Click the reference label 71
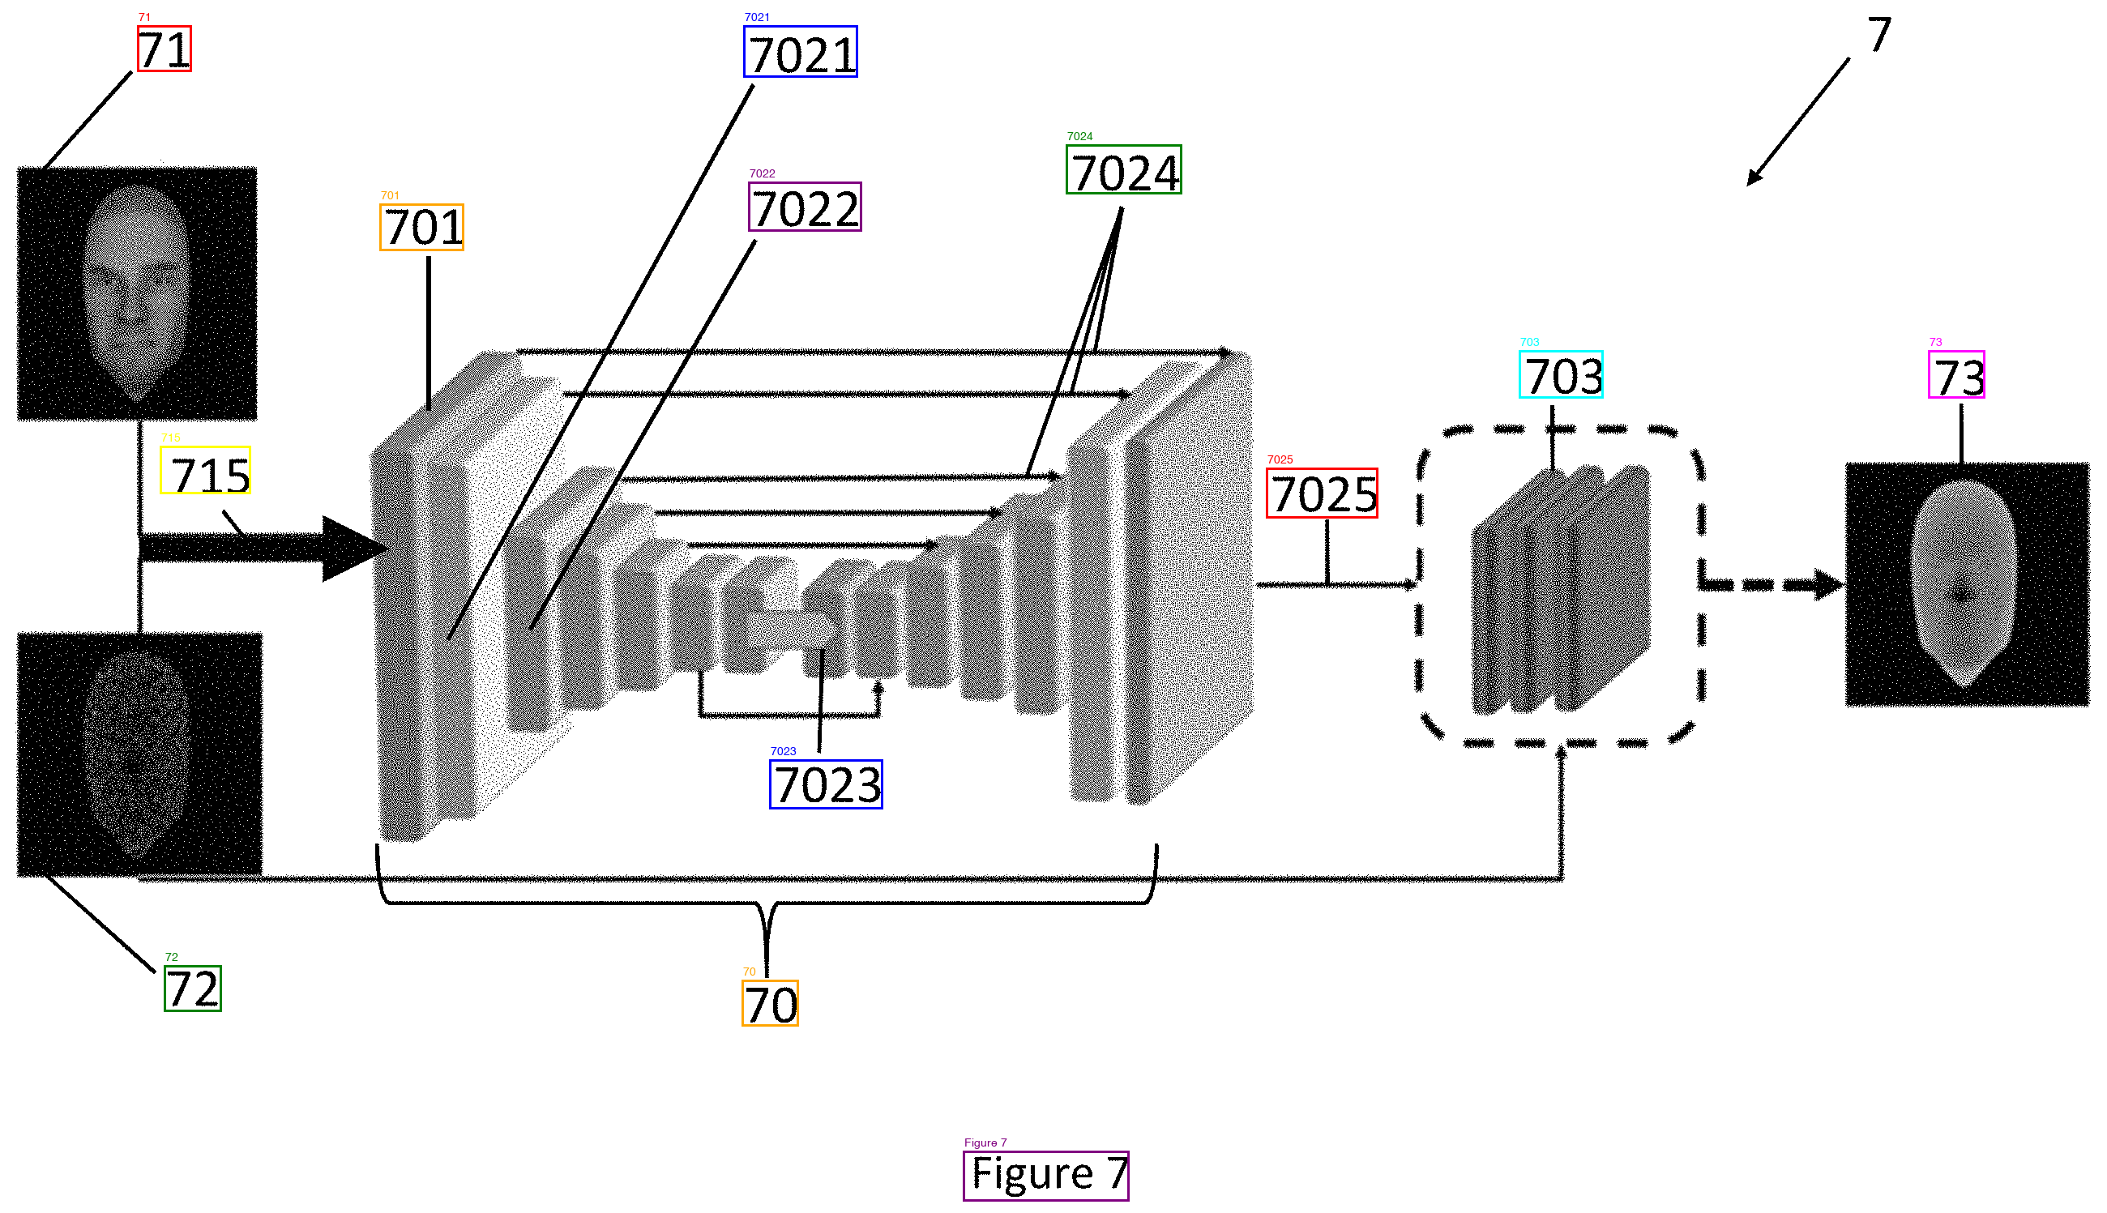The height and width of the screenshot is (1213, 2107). [x=165, y=49]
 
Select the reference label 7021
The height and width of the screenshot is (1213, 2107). [x=800, y=53]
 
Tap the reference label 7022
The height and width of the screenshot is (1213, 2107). [x=804, y=207]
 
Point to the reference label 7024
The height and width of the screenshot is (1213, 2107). [x=1123, y=171]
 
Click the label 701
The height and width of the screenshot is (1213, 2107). [x=421, y=228]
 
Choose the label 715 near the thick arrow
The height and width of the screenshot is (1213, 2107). [x=206, y=472]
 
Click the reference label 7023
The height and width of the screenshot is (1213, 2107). [x=826, y=785]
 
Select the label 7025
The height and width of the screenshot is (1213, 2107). [x=1322, y=494]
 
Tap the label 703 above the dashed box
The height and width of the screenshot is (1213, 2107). [x=1561, y=376]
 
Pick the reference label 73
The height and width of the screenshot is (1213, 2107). [x=1955, y=376]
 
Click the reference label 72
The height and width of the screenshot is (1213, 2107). [x=192, y=989]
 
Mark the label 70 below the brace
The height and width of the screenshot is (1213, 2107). [x=770, y=1004]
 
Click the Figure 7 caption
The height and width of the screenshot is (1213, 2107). [x=1045, y=1177]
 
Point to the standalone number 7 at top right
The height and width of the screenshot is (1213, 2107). [x=1878, y=35]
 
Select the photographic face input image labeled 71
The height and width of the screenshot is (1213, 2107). [x=138, y=293]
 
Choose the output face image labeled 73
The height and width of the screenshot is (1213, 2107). [x=1966, y=585]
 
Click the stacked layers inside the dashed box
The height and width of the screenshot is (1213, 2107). [x=1561, y=590]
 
